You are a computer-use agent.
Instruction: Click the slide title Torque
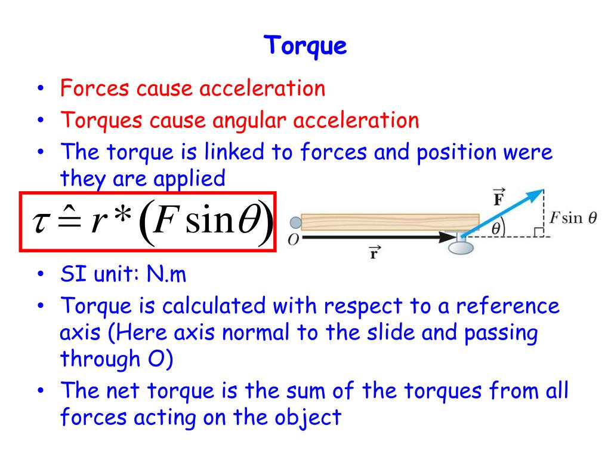tap(305, 46)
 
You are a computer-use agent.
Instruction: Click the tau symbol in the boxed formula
tap(43, 223)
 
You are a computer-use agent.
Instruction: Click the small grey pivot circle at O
tap(295, 223)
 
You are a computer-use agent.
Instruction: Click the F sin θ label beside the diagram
tap(573, 218)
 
